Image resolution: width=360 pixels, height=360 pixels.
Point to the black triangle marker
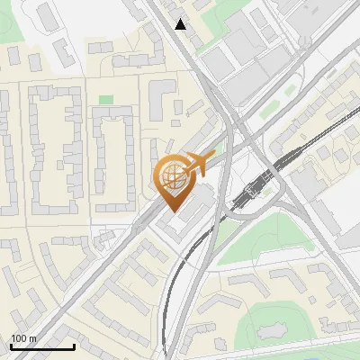pyautogui.click(x=181, y=24)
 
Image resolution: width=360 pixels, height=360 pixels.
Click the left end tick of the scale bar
pyautogui.click(x=11, y=346)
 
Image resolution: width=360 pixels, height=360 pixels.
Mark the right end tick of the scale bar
pyautogui.click(x=74, y=346)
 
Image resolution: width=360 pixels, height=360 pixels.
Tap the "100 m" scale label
pyautogui.click(x=23, y=338)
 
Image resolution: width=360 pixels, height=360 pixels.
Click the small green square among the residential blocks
pyautogui.click(x=106, y=100)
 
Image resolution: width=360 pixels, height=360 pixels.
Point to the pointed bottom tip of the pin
pyautogui.click(x=174, y=211)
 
